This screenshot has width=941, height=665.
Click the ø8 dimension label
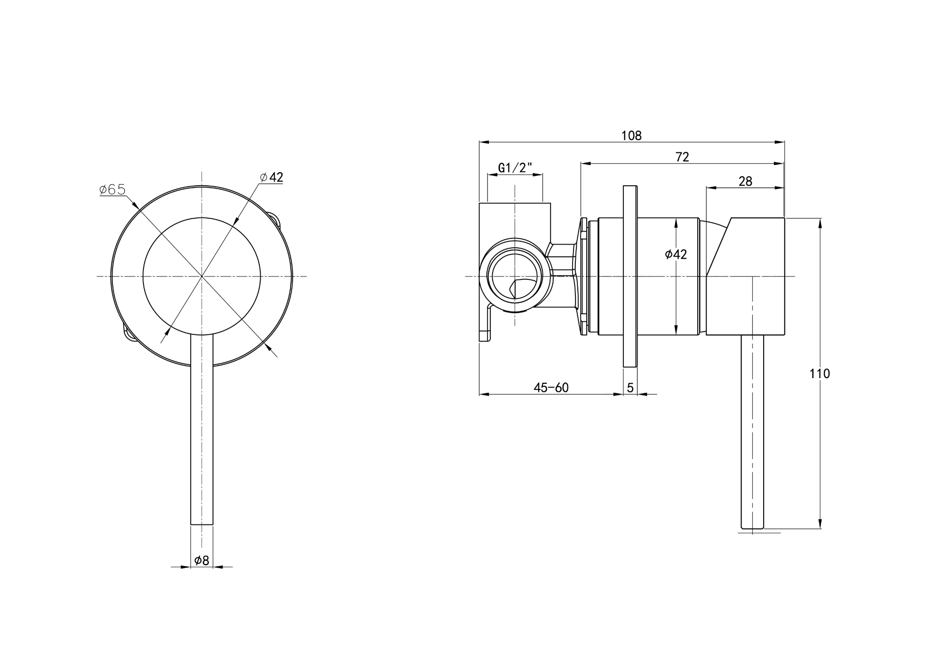201,560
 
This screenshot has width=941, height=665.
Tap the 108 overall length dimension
631,135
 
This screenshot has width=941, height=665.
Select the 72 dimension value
682,157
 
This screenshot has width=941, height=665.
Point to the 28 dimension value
745,181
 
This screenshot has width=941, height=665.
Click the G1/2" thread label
515,168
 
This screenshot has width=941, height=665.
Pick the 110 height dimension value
820,374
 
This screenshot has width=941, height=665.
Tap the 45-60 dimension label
551,388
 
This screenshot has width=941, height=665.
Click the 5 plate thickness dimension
630,388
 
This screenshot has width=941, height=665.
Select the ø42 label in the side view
676,254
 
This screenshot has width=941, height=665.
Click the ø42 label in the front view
271,177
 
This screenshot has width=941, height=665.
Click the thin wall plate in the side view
630,276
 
